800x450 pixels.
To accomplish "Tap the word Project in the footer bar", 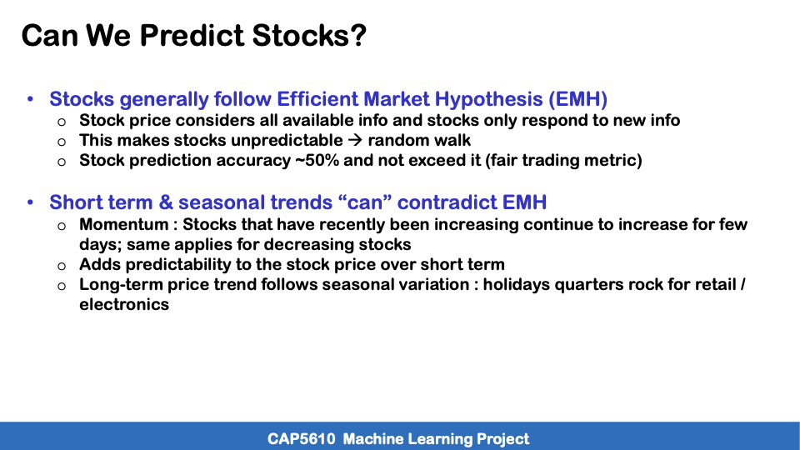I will (502, 438).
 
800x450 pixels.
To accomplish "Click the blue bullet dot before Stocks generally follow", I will (31, 100).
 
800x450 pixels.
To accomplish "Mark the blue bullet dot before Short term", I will (31, 203).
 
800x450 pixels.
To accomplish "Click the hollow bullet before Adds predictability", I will (62, 266).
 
